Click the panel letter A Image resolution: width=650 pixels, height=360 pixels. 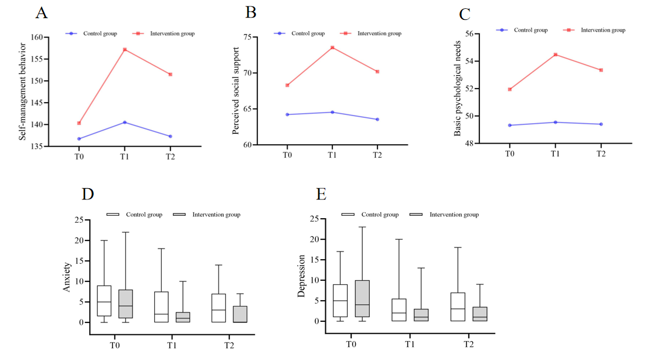click(42, 13)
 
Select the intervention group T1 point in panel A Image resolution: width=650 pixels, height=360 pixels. click(125, 50)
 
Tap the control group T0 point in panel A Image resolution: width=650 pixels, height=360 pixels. click(79, 139)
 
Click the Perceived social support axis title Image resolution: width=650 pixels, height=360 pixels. click(236, 91)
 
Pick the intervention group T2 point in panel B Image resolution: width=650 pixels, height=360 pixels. click(377, 72)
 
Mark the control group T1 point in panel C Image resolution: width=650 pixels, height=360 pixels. click(556, 122)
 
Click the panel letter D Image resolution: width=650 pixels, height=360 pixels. click(88, 195)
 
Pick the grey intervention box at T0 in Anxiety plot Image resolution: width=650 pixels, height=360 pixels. click(125, 304)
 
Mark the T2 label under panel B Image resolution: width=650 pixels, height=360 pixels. click(377, 155)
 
